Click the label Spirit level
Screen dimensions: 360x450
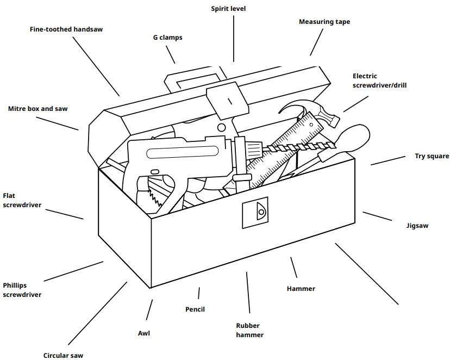(x=228, y=9)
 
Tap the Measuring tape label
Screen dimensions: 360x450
(x=324, y=22)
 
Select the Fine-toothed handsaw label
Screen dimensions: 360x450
(x=66, y=29)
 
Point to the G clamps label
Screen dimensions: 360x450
(x=167, y=38)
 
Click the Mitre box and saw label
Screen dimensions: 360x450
(x=38, y=109)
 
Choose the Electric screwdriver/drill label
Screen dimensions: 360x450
(x=379, y=80)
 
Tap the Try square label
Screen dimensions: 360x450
(x=432, y=156)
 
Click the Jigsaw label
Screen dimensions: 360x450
(x=417, y=225)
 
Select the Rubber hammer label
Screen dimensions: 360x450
(x=249, y=330)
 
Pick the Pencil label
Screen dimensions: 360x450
(x=195, y=309)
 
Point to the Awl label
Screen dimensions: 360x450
(x=144, y=333)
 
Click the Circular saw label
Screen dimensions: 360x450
(x=64, y=356)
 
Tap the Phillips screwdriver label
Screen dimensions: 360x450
(x=22, y=290)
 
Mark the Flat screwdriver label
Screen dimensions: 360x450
(x=22, y=200)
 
